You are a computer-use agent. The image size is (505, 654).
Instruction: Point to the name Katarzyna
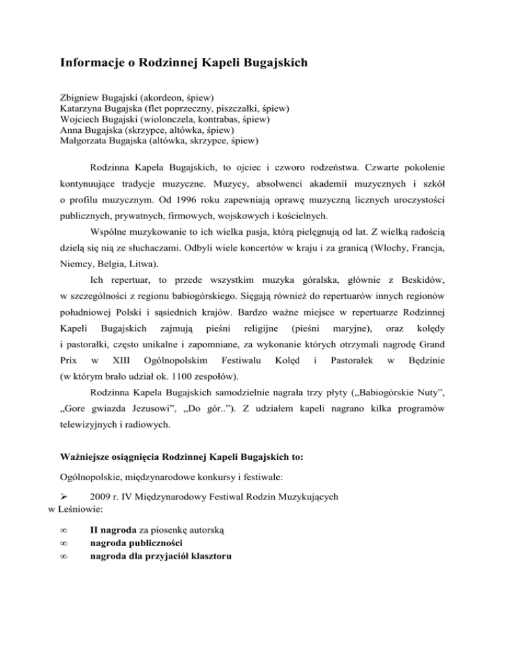pos(82,109)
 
